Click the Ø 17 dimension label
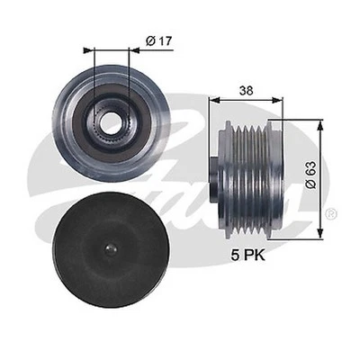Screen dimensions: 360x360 pyautogui.click(x=159, y=41)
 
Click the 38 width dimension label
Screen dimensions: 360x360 pyautogui.click(x=246, y=90)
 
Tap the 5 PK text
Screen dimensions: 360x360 pyautogui.click(x=247, y=256)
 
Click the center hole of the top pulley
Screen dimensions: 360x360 pyautogui.click(x=110, y=122)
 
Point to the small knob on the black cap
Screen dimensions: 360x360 pyautogui.click(x=110, y=248)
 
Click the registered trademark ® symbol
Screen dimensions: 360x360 pyautogui.click(x=333, y=213)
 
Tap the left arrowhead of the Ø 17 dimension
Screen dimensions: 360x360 pyautogui.click(x=88, y=50)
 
